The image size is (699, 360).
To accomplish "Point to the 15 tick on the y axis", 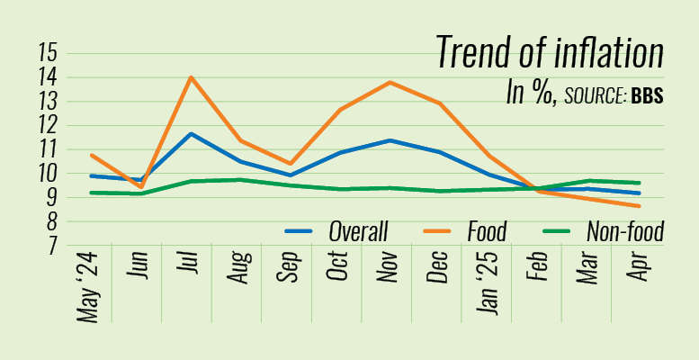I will pos(48,53).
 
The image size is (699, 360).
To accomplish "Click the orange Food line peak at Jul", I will pos(190,77).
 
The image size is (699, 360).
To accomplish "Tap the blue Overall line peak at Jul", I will pos(190,133).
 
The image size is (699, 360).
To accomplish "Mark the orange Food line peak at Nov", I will pos(389,82).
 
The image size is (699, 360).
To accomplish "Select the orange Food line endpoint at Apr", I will pos(639,206).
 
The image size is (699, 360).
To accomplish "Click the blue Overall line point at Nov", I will pos(389,140).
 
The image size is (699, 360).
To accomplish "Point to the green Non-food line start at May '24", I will pos(91,192).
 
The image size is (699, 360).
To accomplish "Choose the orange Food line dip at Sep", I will pos(290,164).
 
